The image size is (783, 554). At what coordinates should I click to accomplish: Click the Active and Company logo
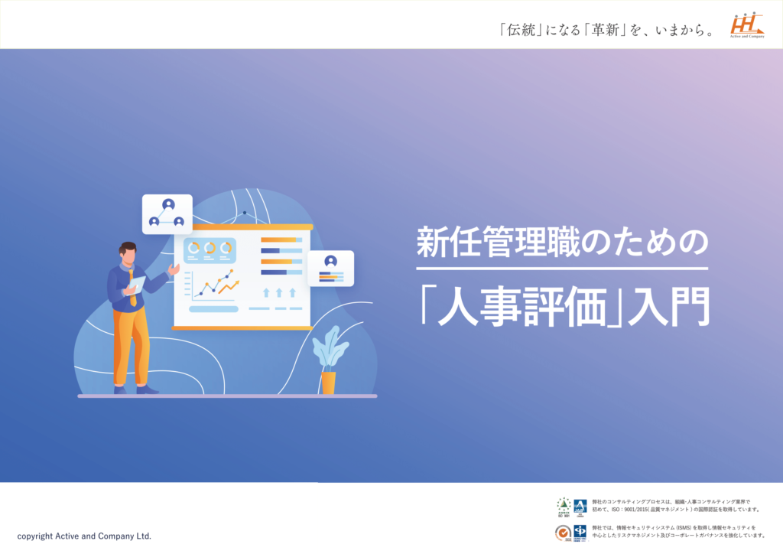[747, 25]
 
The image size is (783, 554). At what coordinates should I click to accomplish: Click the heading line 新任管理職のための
[562, 243]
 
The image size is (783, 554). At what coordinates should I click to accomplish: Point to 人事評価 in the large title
[522, 305]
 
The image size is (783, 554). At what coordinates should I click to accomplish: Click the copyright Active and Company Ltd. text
[84, 536]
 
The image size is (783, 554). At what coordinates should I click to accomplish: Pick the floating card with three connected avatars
[167, 213]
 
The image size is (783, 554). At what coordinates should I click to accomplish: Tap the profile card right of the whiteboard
[330, 268]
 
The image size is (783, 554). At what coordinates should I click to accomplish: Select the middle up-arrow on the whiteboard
[279, 292]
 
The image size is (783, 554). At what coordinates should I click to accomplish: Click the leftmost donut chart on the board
[193, 248]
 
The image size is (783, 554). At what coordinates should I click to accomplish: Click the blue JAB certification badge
[580, 506]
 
